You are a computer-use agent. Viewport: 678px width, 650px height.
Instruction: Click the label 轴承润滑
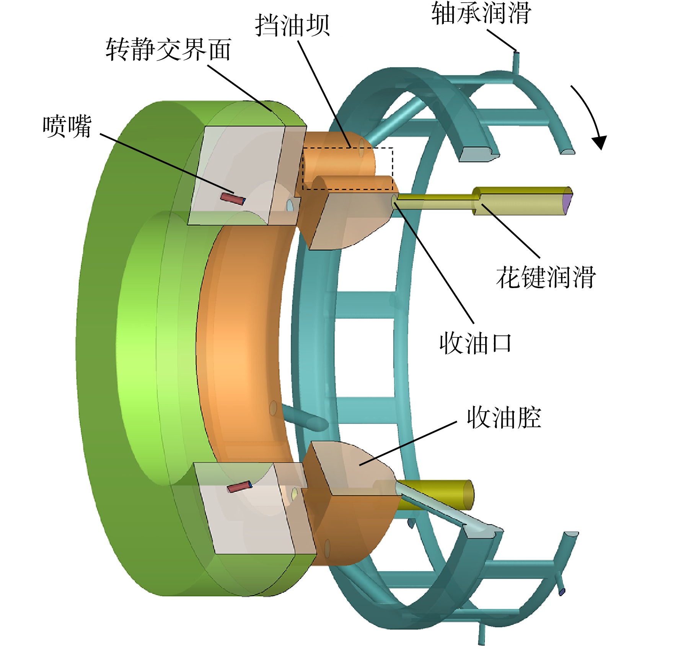click(x=481, y=13)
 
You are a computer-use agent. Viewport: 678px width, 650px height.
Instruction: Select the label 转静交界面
click(x=168, y=49)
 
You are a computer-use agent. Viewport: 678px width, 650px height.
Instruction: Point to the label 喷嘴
click(x=67, y=126)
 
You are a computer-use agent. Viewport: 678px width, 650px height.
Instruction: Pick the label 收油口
click(x=475, y=343)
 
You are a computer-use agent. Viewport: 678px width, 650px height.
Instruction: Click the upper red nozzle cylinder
click(x=232, y=199)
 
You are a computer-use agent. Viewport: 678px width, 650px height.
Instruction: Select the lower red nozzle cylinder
click(x=240, y=487)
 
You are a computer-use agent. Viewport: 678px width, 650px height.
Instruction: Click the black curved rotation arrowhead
click(x=599, y=142)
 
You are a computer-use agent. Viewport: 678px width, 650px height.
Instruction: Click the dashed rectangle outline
click(x=347, y=168)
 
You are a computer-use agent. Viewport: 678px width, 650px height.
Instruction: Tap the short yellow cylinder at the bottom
click(x=436, y=495)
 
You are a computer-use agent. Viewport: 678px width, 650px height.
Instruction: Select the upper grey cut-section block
click(x=245, y=175)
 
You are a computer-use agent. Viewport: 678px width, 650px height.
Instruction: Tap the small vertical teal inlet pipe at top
click(x=516, y=62)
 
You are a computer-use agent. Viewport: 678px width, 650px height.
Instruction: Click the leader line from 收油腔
click(x=408, y=443)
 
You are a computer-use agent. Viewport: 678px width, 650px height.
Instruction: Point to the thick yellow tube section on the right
click(x=522, y=201)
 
